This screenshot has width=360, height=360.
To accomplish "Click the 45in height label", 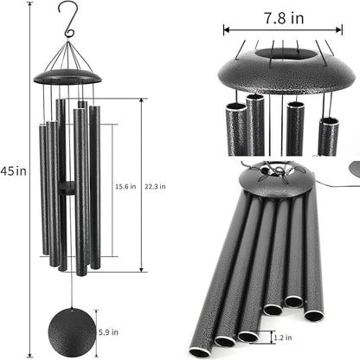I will click(14, 171).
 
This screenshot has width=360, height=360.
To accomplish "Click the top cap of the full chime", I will click(67, 77).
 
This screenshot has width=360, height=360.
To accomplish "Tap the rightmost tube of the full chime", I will click(93, 186).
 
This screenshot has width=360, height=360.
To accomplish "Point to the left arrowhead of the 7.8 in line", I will click(227, 29).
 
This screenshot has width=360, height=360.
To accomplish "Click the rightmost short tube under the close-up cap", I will click(329, 135).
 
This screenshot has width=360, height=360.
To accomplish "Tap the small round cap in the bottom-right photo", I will click(270, 180).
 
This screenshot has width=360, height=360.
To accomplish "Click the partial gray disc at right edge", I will click(352, 167).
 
